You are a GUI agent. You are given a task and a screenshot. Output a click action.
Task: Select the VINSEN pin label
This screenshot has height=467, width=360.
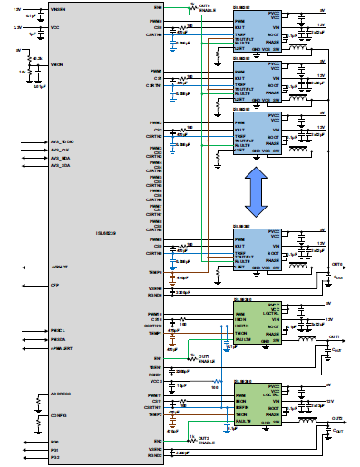point(56,8)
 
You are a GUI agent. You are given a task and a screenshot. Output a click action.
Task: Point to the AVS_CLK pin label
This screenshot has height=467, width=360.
point(60,149)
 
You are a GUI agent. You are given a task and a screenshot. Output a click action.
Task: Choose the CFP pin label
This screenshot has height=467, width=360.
point(54,285)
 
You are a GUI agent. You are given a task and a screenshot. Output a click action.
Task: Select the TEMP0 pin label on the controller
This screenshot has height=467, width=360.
point(155,270)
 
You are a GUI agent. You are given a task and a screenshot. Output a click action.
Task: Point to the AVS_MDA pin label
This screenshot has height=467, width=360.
point(60,157)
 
